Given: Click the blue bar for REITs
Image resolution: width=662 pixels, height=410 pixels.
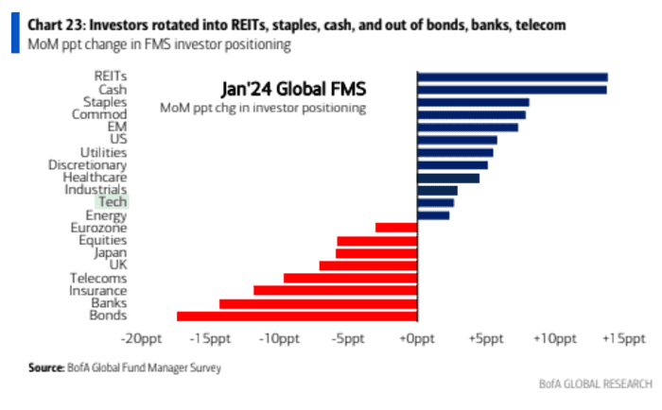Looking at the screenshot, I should (512, 77).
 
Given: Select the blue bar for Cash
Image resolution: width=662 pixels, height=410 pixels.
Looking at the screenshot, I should (511, 90).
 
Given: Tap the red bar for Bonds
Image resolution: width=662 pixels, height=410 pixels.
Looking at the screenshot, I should (297, 316).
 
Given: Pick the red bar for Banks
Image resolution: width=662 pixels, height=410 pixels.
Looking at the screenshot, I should (318, 303).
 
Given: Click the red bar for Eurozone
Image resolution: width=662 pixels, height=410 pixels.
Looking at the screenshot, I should (396, 228).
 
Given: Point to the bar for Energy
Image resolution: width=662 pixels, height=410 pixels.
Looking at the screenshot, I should (433, 215).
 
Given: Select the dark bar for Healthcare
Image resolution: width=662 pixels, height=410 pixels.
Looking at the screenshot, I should (448, 178).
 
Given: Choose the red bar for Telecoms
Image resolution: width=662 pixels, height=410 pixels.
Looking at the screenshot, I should (350, 278).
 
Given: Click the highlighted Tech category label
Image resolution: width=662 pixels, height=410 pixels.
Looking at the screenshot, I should (112, 202).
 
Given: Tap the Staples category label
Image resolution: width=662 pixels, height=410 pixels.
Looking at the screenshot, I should (105, 102).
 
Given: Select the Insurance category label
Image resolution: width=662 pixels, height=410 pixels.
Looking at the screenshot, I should (97, 291).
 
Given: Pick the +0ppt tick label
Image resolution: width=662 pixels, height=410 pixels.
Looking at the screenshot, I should (416, 338).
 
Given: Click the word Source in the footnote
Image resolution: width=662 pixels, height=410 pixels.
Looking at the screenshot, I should (45, 367).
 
